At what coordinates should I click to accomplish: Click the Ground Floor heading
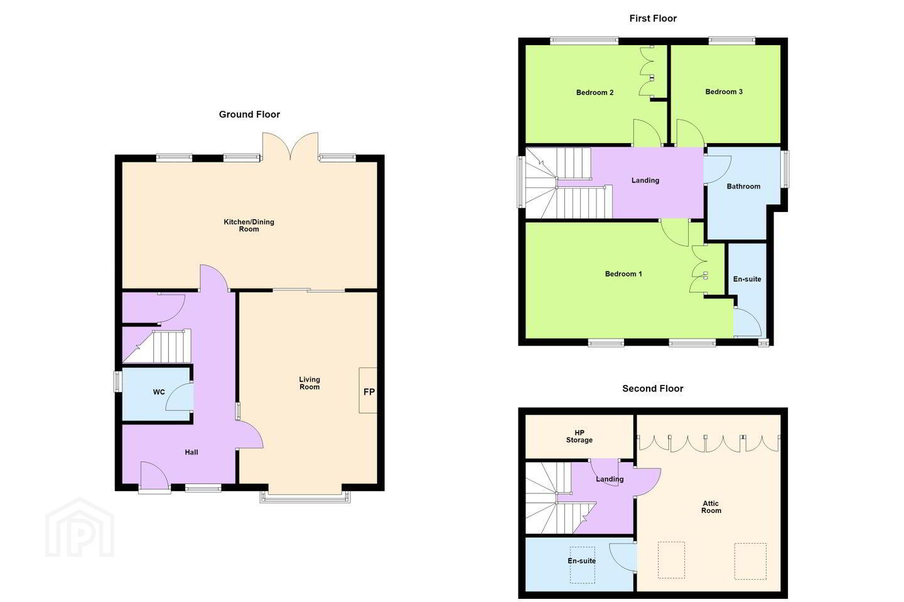[249, 115]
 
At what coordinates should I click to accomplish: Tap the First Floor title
[653, 19]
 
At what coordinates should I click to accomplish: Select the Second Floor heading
[653, 389]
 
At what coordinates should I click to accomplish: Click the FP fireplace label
[369, 391]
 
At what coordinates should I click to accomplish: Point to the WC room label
[159, 392]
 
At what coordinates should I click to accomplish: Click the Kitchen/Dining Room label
[249, 225]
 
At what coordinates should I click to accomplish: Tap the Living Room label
[309, 383]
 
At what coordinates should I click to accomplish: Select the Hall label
[191, 452]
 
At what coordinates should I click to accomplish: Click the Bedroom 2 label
[595, 93]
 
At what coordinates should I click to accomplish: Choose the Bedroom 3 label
[724, 92]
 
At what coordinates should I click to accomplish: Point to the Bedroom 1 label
[623, 274]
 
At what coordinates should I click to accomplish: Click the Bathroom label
[743, 186]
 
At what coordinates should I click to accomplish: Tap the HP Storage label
[579, 436]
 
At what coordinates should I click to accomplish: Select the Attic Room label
[711, 507]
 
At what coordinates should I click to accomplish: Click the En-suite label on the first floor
[747, 279]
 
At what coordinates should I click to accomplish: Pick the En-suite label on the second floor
[581, 561]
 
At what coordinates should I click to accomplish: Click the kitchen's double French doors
[290, 147]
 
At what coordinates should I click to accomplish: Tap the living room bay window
[305, 497]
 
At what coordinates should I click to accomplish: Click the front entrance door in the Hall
[154, 478]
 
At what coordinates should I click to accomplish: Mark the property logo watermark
[80, 527]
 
